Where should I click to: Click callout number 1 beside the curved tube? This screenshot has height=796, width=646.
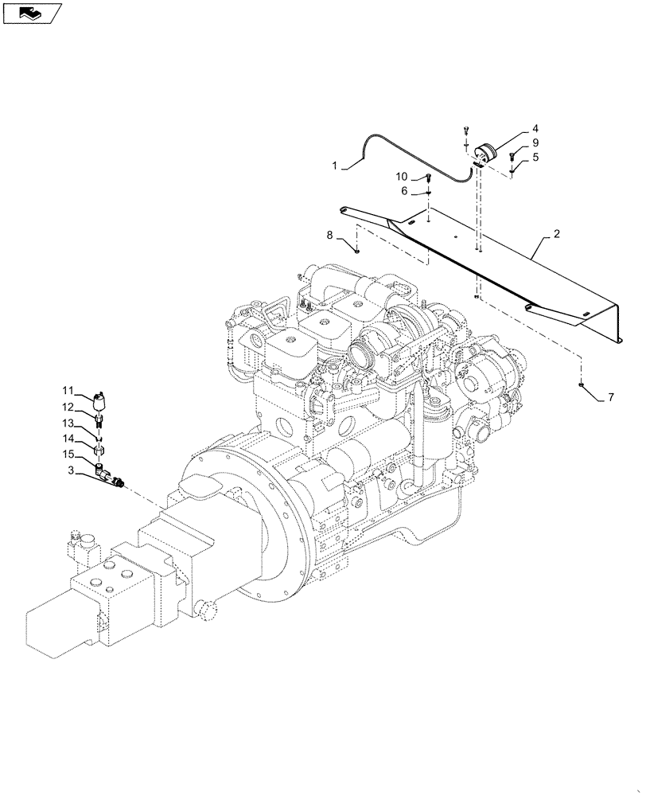tap(335, 166)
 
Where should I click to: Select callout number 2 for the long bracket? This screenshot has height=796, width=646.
tap(556, 235)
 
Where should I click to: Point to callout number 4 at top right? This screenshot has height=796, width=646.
tap(535, 128)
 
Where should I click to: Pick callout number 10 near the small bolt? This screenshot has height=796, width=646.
tap(402, 176)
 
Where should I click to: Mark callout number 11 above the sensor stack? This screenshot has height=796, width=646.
tap(69, 390)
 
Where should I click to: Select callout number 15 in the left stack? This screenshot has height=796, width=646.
tap(69, 454)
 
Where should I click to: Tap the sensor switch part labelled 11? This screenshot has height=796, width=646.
tap(100, 399)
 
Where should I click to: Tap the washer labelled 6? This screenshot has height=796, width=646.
tap(429, 192)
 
